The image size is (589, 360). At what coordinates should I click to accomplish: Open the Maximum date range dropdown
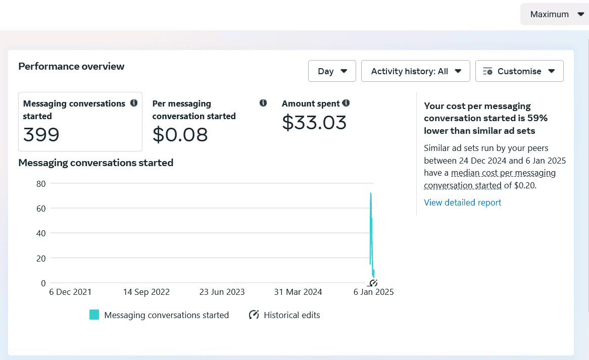coord(555,14)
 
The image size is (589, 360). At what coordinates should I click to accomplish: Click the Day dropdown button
coord(332,71)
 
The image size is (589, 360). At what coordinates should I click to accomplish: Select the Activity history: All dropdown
coord(415,71)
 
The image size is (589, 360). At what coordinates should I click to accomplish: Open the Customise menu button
coord(519,71)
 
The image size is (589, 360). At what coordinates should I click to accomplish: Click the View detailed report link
coord(462,202)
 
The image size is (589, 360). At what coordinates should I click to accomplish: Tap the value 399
coord(41,134)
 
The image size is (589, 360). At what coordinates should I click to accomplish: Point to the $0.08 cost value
coord(180,134)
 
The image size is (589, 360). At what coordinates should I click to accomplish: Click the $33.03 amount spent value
coord(314,122)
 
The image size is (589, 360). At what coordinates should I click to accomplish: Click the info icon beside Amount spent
coord(346,103)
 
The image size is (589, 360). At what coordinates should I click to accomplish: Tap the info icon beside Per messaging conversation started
coord(263,103)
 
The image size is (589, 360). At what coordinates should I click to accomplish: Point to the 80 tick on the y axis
coord(41,184)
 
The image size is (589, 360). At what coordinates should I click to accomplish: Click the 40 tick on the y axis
coord(41,233)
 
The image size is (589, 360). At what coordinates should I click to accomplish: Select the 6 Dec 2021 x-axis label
coord(70,292)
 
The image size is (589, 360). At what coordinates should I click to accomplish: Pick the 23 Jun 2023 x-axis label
coord(222,292)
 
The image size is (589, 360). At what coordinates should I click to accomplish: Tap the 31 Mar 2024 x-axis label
coord(298,292)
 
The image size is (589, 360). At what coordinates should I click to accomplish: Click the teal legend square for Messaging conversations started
coord(94,315)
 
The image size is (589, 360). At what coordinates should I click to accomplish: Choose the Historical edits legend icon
coord(254,315)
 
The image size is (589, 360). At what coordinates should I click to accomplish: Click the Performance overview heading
coord(71,67)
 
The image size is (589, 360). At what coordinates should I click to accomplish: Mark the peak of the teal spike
coord(371,193)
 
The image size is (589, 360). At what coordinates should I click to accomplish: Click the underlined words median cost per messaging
coord(503,173)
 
